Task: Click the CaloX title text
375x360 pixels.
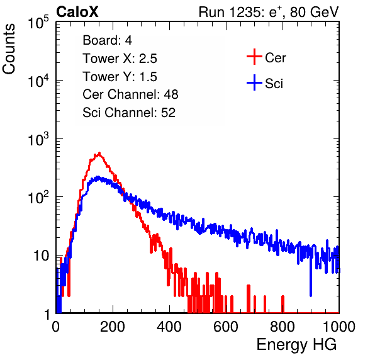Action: (77, 12)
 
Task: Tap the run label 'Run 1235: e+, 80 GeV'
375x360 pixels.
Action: (269, 12)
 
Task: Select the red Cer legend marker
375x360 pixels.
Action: (254, 57)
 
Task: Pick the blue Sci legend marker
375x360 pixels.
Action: (254, 83)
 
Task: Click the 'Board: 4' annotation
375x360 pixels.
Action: (107, 40)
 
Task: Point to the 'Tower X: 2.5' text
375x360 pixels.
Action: (120, 59)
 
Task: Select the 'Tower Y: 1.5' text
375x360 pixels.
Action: (120, 77)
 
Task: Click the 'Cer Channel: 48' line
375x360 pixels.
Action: (130, 94)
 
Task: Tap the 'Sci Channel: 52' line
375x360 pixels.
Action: (129, 113)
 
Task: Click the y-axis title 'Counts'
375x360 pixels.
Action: (9, 48)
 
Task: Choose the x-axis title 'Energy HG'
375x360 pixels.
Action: (296, 345)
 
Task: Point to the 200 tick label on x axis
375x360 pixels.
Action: (113, 327)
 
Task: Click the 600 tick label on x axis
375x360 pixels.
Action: (226, 327)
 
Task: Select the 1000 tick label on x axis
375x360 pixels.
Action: (339, 327)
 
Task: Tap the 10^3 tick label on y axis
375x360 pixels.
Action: (38, 139)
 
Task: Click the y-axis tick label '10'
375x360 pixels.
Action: (41, 256)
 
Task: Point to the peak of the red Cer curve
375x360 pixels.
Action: (99, 153)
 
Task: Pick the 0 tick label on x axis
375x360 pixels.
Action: (56, 327)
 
